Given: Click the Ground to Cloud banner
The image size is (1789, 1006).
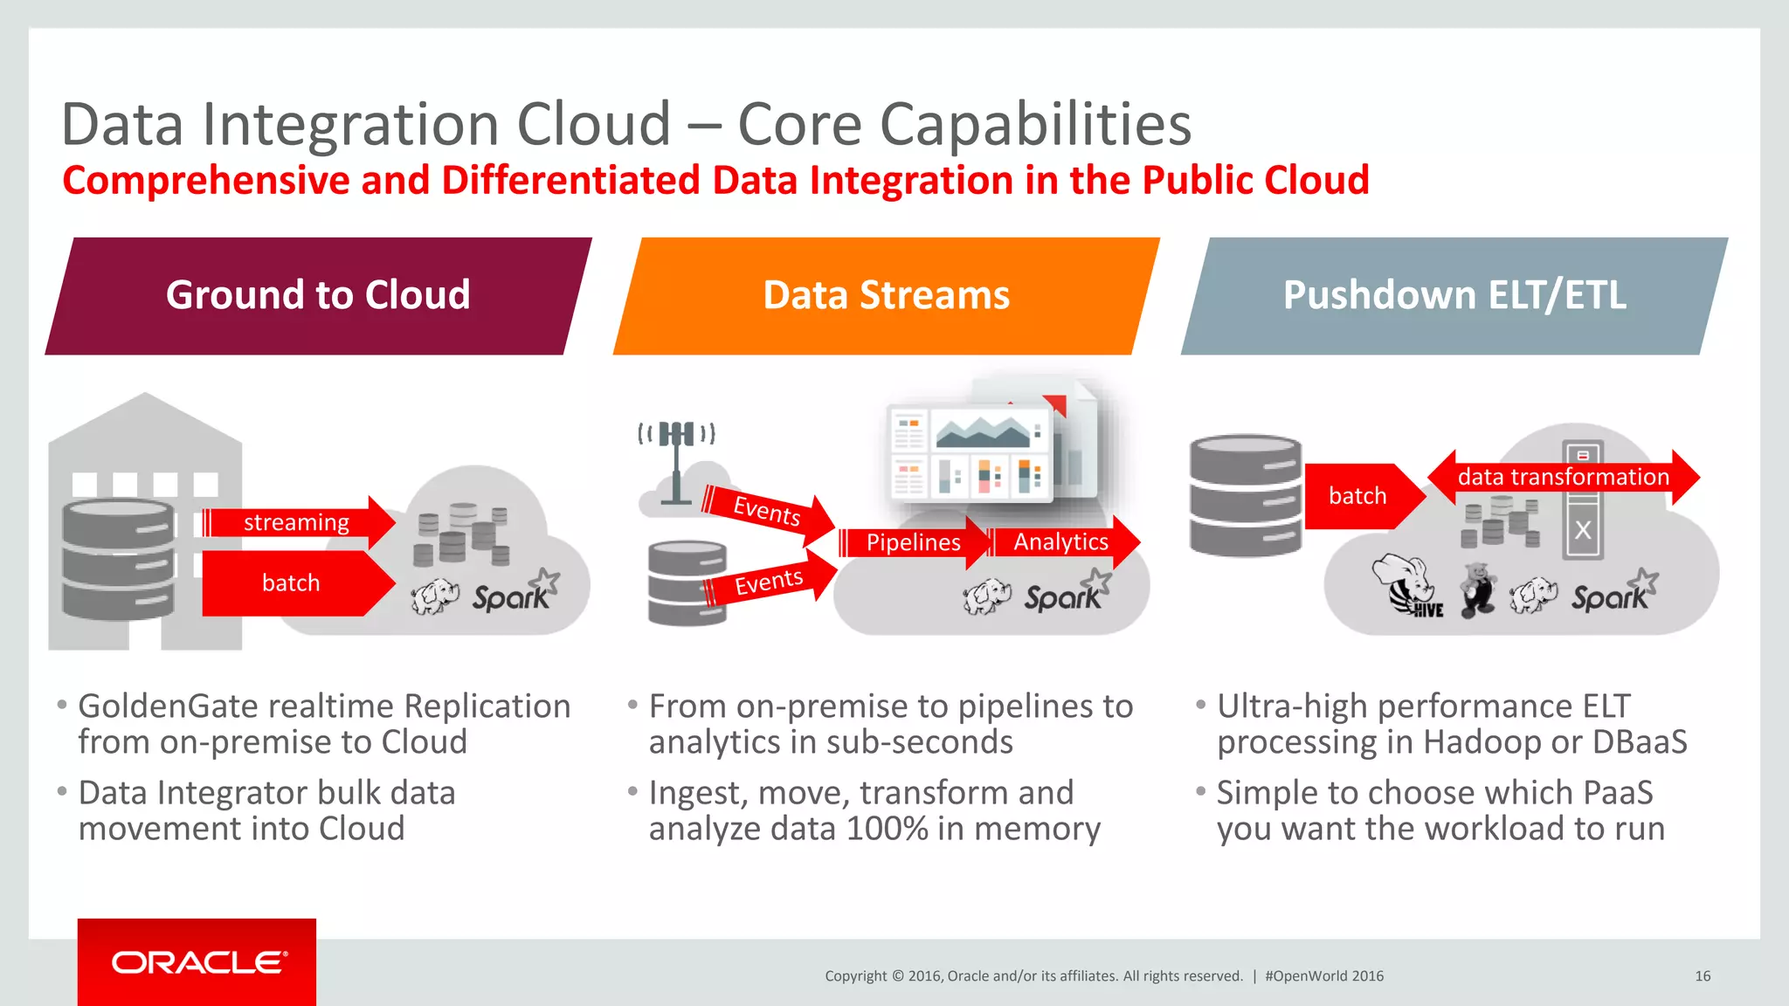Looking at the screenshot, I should pyautogui.click(x=318, y=295).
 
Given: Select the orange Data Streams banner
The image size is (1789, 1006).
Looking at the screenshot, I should pyautogui.click(x=886, y=295).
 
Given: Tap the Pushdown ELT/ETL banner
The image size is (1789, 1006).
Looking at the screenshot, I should pyautogui.click(x=1454, y=295).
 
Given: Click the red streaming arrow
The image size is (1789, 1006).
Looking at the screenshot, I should pyautogui.click(x=297, y=522).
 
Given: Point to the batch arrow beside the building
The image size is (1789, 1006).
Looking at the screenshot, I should pyautogui.click(x=292, y=582).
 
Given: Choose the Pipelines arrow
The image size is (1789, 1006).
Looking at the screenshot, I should pyautogui.click(x=913, y=542).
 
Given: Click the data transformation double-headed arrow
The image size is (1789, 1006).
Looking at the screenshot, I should pyautogui.click(x=1563, y=477).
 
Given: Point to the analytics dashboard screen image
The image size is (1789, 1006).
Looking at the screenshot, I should pyautogui.click(x=970, y=453).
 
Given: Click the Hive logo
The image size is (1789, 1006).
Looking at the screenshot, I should pyautogui.click(x=1407, y=588).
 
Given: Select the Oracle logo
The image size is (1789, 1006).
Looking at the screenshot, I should pyautogui.click(x=198, y=962).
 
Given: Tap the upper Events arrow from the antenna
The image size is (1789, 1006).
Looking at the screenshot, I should pyautogui.click(x=767, y=511).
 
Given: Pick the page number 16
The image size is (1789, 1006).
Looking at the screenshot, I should pyautogui.click(x=1703, y=976).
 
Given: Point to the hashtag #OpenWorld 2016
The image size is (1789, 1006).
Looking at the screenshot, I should pyautogui.click(x=1324, y=976).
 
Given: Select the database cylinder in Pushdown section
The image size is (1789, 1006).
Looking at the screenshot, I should pyautogui.click(x=1245, y=495).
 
